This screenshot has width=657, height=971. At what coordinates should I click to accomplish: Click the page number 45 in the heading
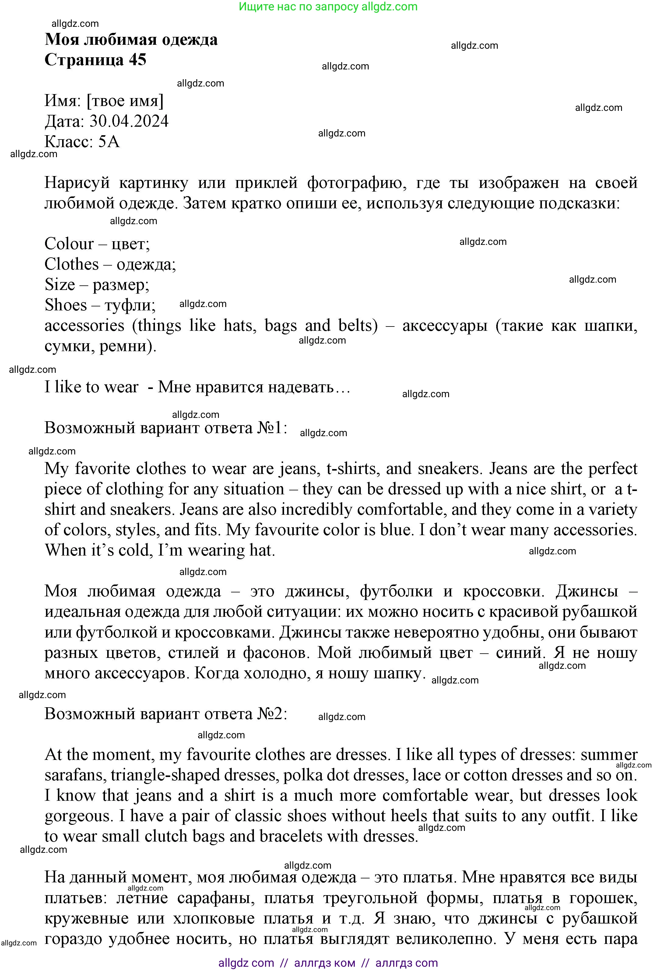point(137,60)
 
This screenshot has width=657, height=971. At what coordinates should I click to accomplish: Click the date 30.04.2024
point(129,121)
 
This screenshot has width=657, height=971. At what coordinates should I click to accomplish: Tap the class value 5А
point(109,142)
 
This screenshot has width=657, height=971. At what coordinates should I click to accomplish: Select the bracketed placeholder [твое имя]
point(125,101)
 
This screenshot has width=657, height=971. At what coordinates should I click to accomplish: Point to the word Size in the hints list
point(59,284)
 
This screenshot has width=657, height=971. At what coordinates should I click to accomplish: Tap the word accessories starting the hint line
point(84,326)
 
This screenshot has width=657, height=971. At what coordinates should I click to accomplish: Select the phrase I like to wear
point(91,387)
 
